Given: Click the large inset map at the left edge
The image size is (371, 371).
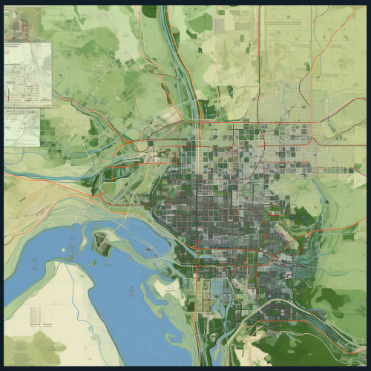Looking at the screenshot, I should [28, 74].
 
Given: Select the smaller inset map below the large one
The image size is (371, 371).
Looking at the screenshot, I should [22, 127].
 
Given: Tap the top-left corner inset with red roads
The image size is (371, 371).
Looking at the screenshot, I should [22, 24].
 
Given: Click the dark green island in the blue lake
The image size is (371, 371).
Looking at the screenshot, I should [102, 240].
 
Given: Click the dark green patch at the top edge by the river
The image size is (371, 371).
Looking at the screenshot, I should [149, 11].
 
